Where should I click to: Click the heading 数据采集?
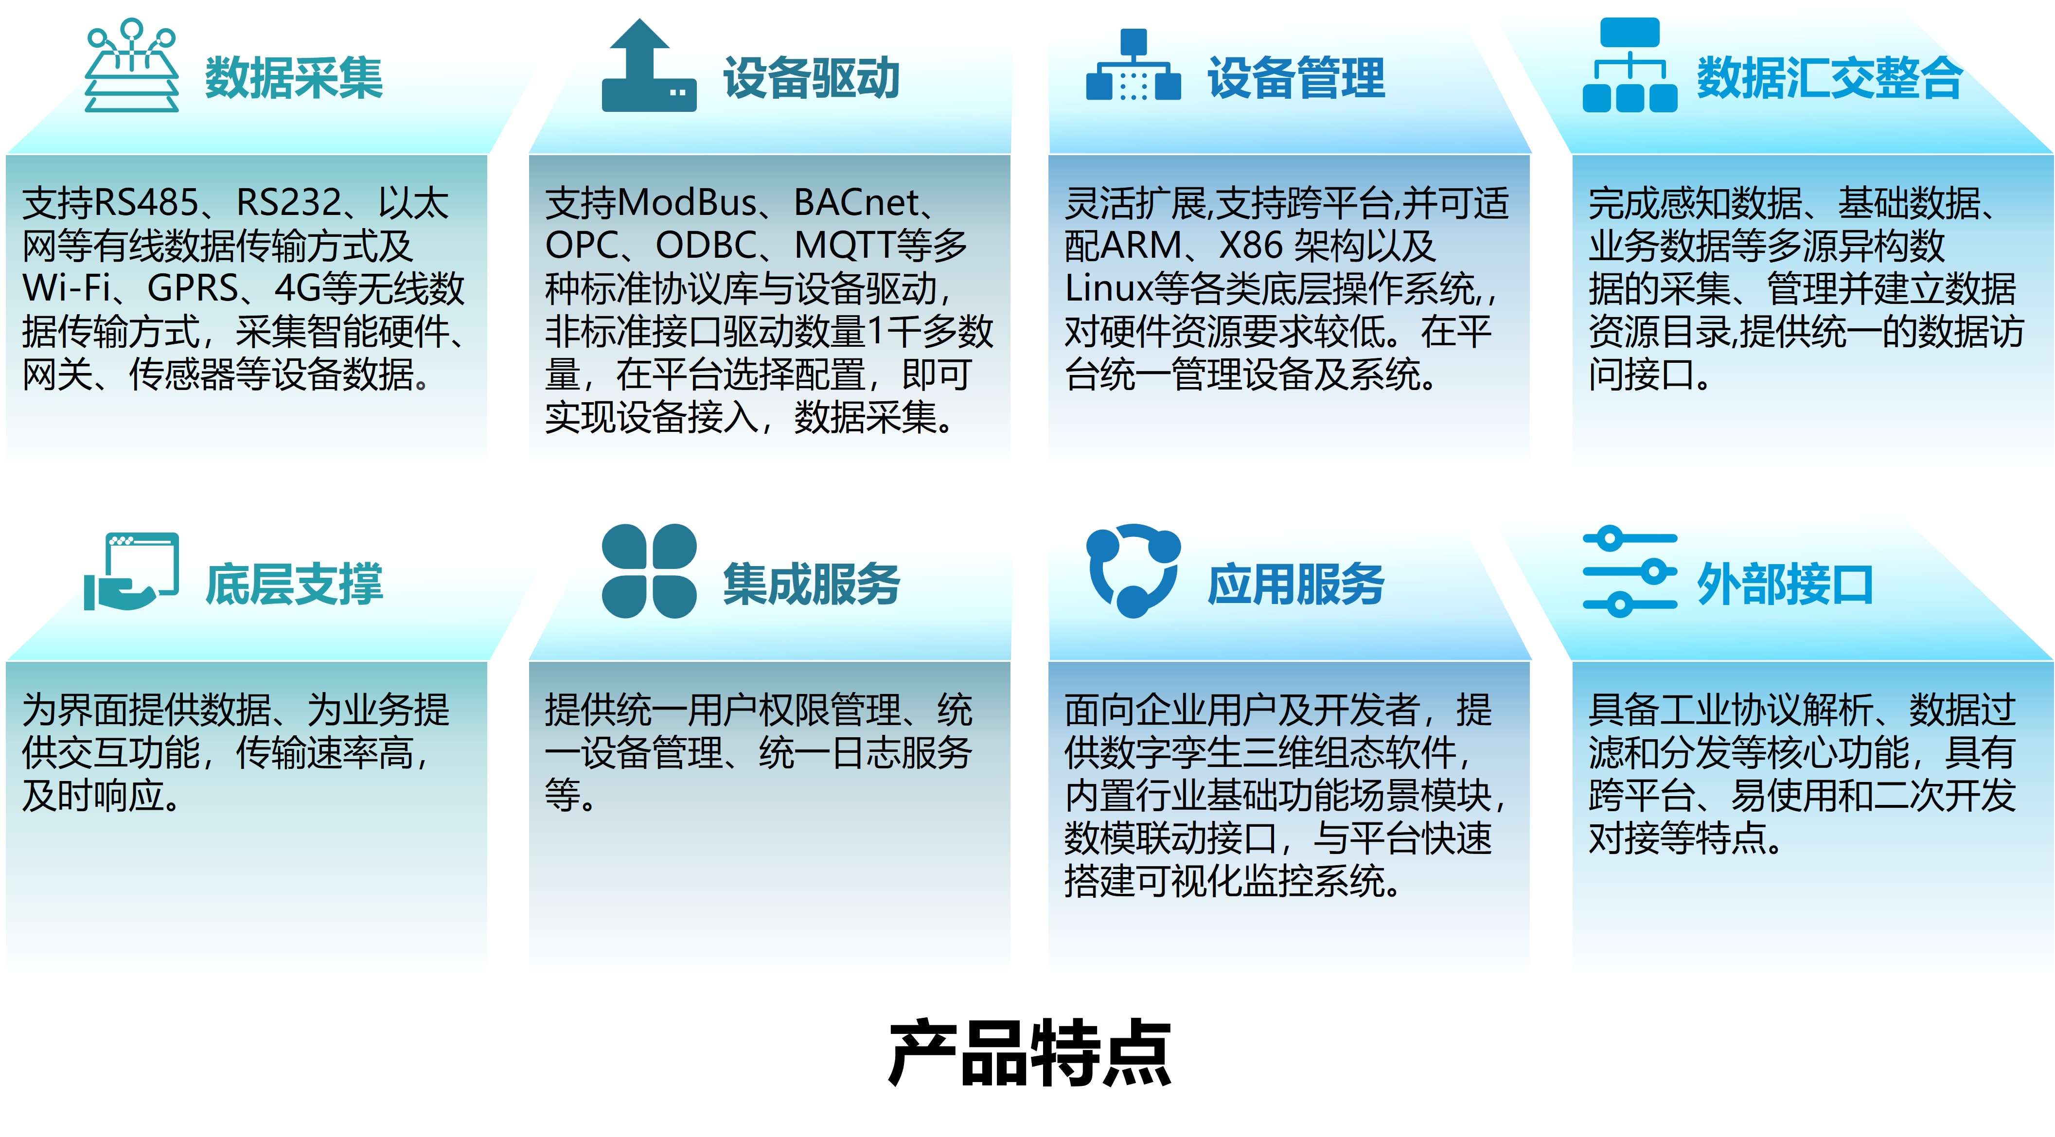point(294,78)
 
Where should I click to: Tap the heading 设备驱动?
point(811,78)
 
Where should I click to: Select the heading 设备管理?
point(1296,78)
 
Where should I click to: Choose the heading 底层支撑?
point(294,584)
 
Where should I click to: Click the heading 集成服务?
point(811,584)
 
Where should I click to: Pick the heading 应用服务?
point(1296,584)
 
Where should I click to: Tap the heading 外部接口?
point(1785,584)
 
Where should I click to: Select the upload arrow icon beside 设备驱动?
point(649,66)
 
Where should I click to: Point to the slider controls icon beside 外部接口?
point(1630,571)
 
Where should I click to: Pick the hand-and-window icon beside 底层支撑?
point(132,571)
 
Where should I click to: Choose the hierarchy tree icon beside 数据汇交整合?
point(1630,66)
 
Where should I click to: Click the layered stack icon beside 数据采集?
point(132,66)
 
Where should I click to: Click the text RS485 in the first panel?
point(146,203)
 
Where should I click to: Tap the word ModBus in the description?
point(686,203)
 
